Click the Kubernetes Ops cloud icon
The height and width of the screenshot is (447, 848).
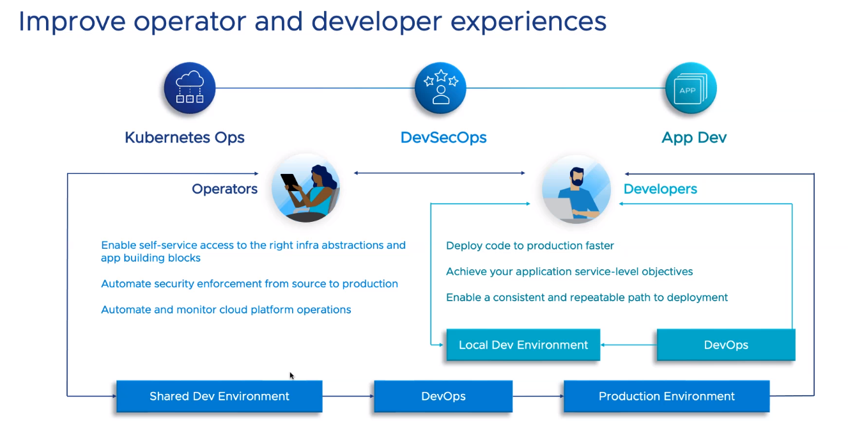189,88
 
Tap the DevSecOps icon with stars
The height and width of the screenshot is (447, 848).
440,88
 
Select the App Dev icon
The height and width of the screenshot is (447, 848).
690,88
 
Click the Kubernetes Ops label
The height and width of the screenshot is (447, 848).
185,137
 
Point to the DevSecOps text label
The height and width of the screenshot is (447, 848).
443,137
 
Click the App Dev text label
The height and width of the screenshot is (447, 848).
694,137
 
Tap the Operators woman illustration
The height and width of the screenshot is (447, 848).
305,189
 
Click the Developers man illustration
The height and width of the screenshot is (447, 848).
576,189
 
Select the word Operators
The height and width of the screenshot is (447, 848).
225,189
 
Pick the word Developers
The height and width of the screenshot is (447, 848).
660,189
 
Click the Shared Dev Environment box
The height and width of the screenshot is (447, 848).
219,396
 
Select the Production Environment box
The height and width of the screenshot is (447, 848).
667,396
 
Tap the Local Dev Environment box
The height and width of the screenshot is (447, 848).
523,345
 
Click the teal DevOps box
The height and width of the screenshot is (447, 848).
726,345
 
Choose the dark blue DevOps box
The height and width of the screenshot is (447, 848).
443,396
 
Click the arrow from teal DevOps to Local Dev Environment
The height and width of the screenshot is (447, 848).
629,345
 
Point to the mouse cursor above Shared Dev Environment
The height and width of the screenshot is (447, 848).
292,375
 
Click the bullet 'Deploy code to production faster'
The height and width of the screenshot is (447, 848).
530,246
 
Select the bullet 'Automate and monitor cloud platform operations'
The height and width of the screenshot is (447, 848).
226,310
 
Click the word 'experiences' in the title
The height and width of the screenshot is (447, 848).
528,22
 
